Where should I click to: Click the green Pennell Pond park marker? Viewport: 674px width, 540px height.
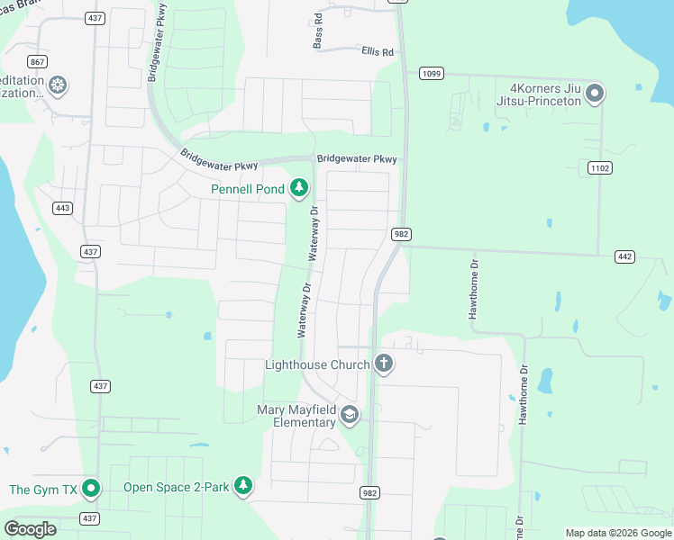coord(299,188)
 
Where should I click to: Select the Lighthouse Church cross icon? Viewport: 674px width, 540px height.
coord(384,364)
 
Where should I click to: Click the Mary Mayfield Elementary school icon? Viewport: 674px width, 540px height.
coord(350,415)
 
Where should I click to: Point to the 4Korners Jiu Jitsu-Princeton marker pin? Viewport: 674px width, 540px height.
coord(595,93)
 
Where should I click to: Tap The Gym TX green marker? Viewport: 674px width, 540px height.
coord(91,489)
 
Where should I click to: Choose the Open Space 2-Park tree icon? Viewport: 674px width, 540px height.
coord(242,486)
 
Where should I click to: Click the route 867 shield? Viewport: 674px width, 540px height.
coord(37,61)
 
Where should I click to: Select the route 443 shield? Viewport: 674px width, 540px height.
coord(62,208)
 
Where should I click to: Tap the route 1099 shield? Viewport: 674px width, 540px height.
coord(431,73)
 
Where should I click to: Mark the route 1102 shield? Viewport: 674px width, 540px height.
coord(598,166)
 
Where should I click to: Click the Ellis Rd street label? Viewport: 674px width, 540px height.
coord(378,52)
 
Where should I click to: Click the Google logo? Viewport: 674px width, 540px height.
coord(31,529)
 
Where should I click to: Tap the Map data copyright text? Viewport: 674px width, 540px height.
coord(618,533)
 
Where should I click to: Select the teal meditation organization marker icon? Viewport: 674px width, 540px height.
coord(59,85)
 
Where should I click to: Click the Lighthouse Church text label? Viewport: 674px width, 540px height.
coord(317,364)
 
